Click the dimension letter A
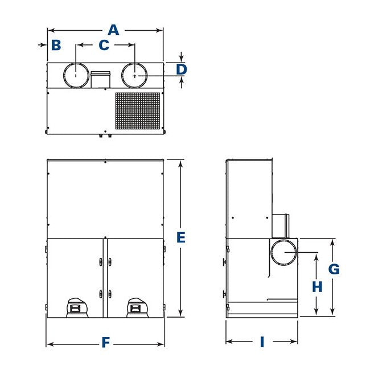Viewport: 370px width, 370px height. click(114, 29)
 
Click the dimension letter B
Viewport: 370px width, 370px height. click(56, 45)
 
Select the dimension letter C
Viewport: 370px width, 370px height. click(104, 45)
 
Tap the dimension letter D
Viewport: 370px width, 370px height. click(181, 69)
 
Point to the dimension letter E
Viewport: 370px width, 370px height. click(181, 237)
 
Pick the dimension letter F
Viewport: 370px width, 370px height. click(105, 343)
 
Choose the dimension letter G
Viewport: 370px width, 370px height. click(334, 269)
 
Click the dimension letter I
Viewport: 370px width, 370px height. click(262, 342)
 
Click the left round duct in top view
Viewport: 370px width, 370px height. click(76, 75)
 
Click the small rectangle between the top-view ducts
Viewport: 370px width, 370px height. click(101, 79)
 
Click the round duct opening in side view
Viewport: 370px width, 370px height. click(283, 252)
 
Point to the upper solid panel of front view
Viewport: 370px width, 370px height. click(105, 199)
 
